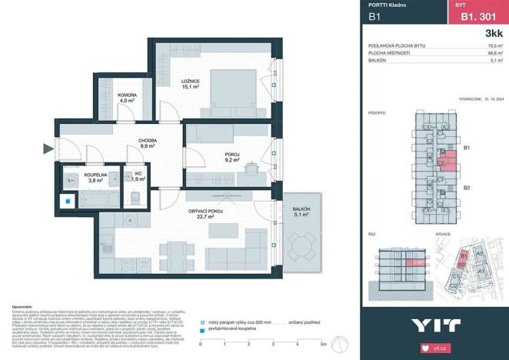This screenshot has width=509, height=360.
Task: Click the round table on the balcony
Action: point(301,248)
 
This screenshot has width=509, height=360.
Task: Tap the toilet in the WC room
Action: point(136,198)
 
